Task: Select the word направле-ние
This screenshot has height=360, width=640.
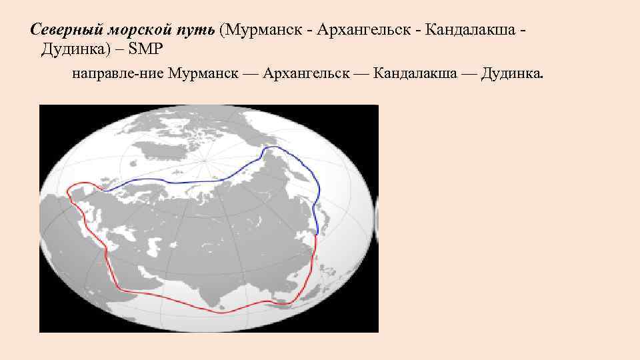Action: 116,73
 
